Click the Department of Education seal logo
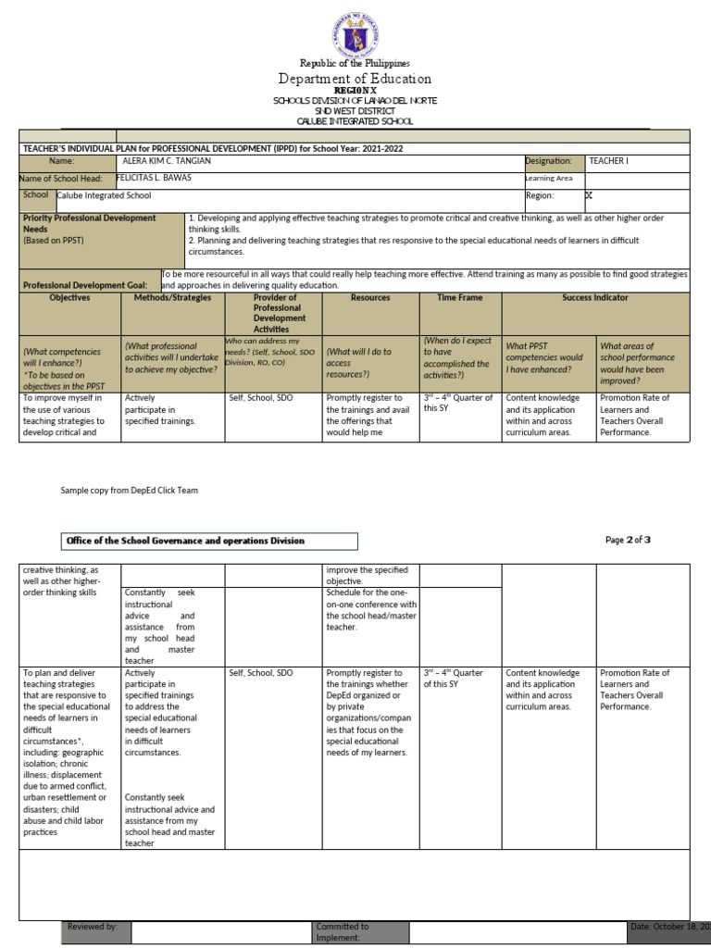[x=355, y=32]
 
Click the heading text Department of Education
[x=355, y=80]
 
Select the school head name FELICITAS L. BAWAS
[x=151, y=178]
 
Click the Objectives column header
[x=69, y=298]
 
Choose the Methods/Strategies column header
[x=172, y=298]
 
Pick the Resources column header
[x=370, y=298]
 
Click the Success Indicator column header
[x=594, y=298]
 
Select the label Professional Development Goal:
[x=89, y=286]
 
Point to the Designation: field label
[x=549, y=161]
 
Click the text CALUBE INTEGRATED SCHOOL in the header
[x=355, y=121]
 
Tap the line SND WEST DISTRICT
[x=355, y=111]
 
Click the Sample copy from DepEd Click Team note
[x=130, y=491]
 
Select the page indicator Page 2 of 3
[x=630, y=540]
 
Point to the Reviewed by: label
[x=93, y=926]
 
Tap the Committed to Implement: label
[x=343, y=931]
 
